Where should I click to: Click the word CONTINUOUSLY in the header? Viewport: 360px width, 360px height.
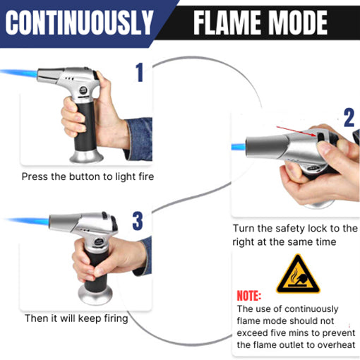[x=78, y=23]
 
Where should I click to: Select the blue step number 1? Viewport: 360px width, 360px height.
[x=139, y=72]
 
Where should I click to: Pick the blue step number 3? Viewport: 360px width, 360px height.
[x=137, y=220]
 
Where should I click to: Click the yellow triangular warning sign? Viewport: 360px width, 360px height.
[x=297, y=275]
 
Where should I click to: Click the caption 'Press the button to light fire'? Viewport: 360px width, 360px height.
[x=88, y=176]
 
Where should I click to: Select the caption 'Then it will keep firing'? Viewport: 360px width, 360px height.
[x=76, y=318]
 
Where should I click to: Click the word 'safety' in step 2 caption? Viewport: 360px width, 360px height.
[x=293, y=229]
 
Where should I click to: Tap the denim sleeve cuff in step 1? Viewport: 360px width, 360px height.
[x=138, y=138]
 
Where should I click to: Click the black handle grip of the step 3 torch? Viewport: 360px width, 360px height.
[x=96, y=261]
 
